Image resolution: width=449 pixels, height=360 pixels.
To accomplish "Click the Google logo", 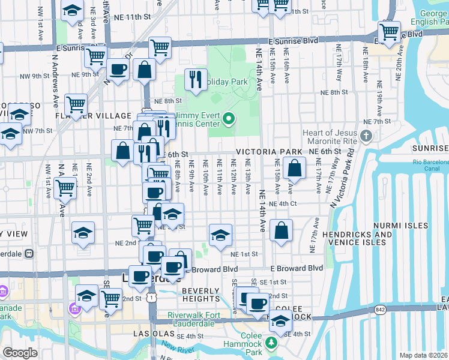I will (20, 353).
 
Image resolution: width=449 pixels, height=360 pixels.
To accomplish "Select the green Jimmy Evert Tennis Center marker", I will (228, 120).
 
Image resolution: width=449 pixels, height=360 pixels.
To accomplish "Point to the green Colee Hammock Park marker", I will (271, 343).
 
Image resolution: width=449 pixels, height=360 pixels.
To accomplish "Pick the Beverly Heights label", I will (201, 295).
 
